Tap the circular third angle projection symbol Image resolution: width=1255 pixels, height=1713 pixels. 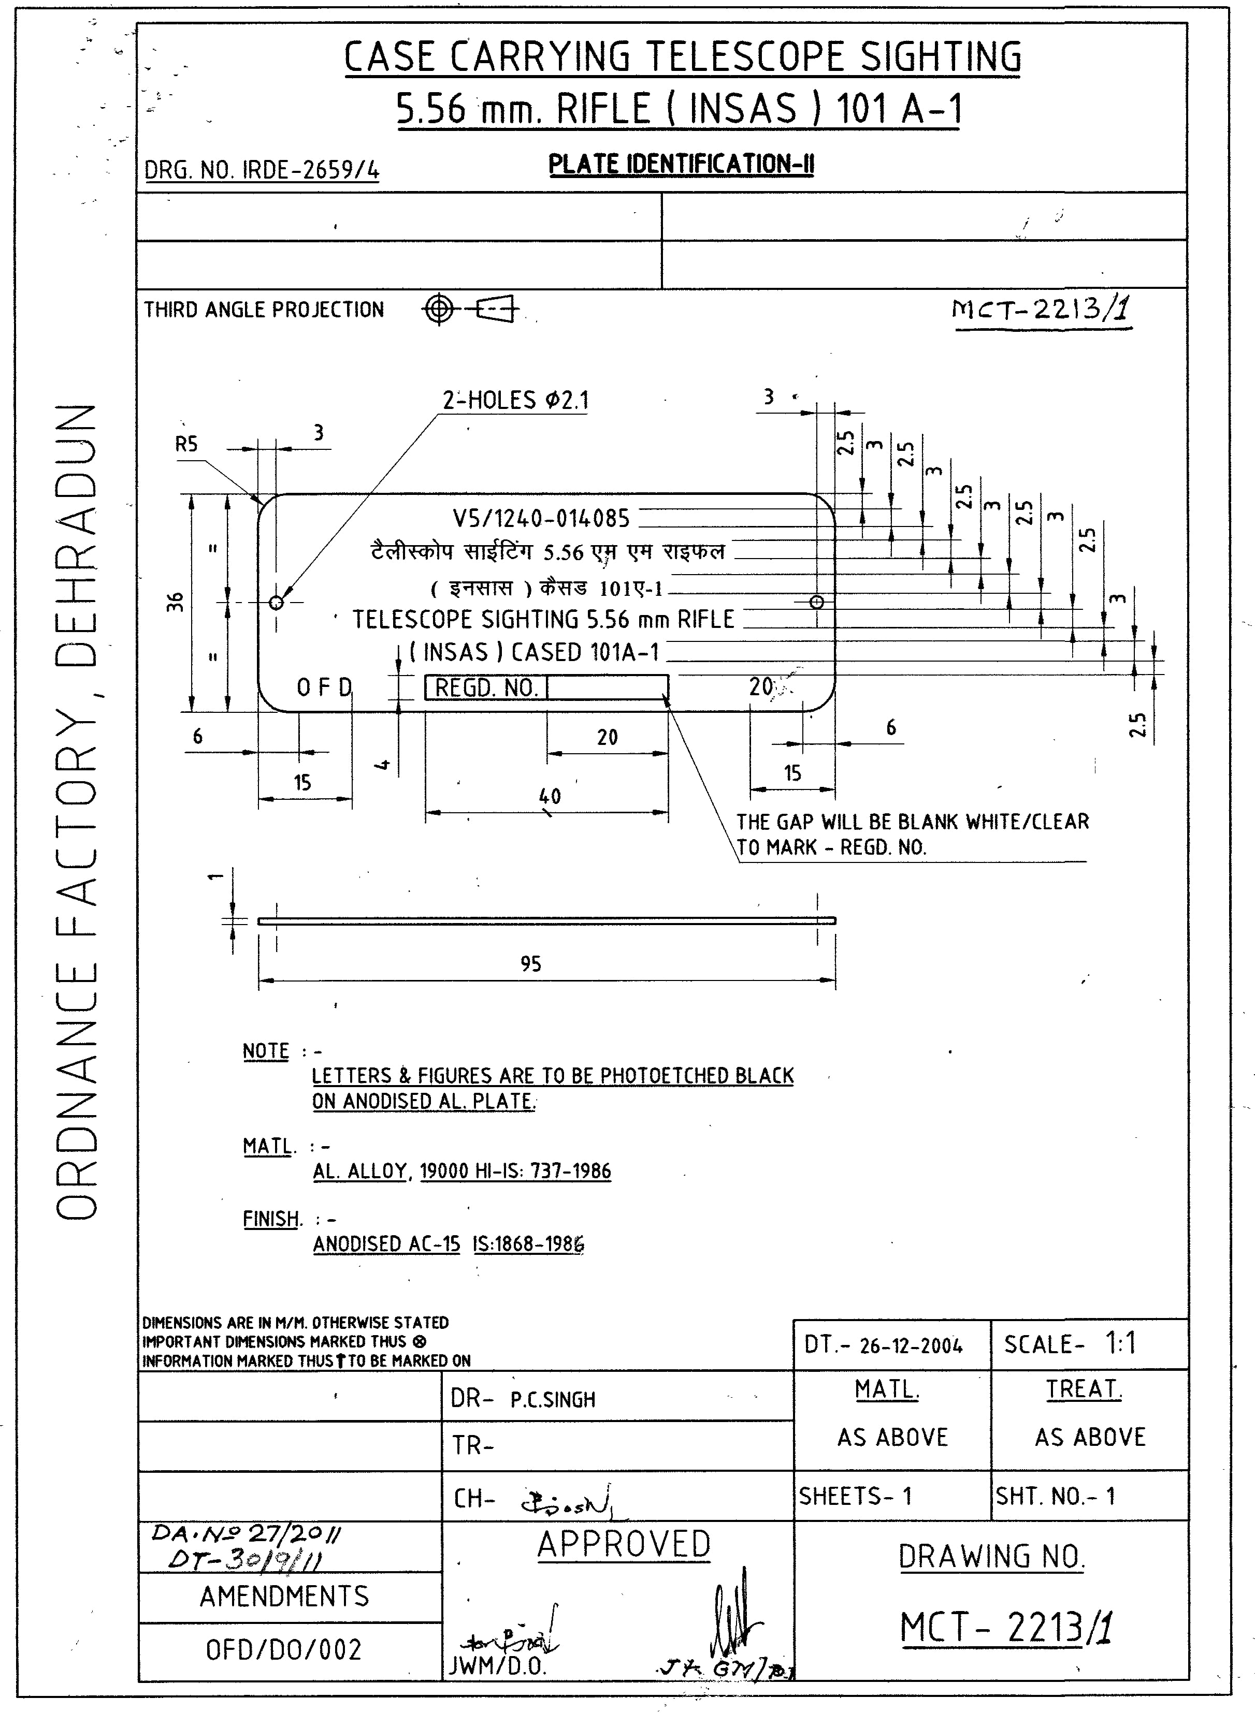click(x=438, y=309)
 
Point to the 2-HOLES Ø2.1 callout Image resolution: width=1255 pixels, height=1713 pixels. click(x=516, y=400)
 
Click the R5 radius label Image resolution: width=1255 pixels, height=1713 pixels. click(x=186, y=444)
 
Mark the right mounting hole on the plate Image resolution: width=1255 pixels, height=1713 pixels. click(x=817, y=602)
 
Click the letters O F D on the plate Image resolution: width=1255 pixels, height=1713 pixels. click(x=324, y=687)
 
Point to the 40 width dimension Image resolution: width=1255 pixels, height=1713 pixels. click(x=549, y=796)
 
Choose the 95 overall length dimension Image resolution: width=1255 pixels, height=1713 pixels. click(x=530, y=963)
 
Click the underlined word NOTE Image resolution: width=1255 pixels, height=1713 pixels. click(x=266, y=1051)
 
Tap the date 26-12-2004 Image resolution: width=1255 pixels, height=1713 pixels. click(x=911, y=1345)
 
